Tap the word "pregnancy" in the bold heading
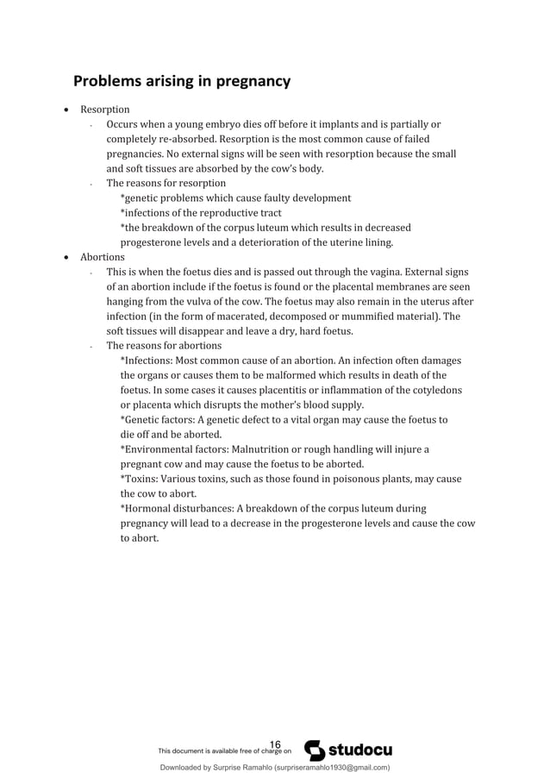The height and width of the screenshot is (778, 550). point(248,83)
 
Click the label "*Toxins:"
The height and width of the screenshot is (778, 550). point(141,479)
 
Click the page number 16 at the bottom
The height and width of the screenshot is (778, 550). point(276,745)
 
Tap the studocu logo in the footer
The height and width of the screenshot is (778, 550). point(349,750)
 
